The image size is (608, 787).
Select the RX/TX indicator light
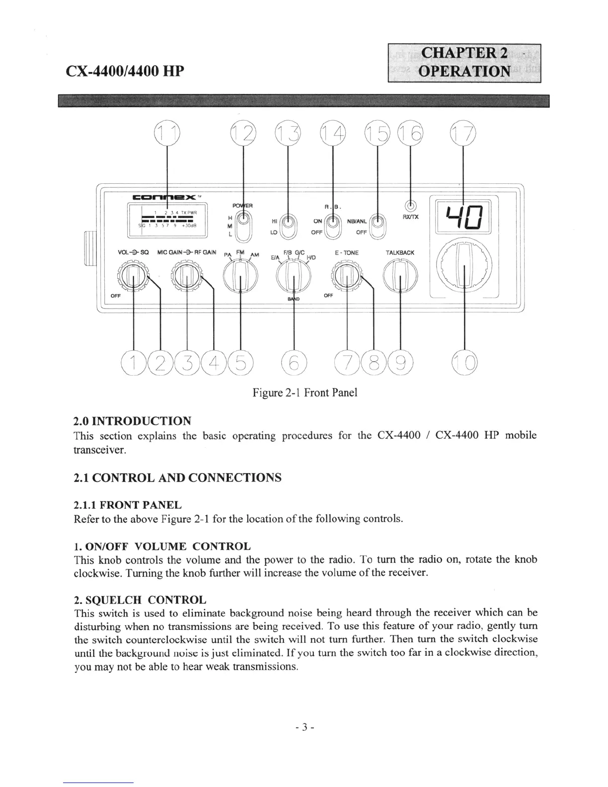[x=410, y=205]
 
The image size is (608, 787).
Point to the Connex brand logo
[x=162, y=198]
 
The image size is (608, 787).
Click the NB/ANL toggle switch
[x=379, y=226]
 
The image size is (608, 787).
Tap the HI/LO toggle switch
[x=289, y=227]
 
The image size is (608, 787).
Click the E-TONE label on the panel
[x=346, y=253]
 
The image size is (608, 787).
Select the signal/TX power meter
[x=167, y=219]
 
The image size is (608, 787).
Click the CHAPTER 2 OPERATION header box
[x=464, y=63]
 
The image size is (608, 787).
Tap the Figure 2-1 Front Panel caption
[x=304, y=393]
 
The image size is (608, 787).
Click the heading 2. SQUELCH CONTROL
[x=140, y=599]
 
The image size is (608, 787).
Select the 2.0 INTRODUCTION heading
[x=132, y=421]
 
